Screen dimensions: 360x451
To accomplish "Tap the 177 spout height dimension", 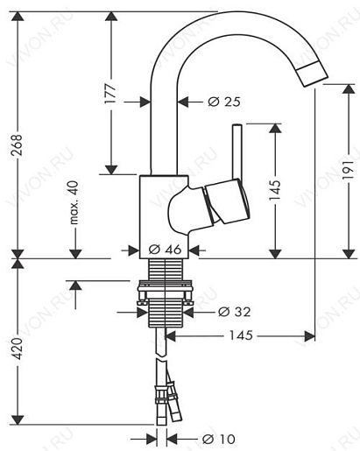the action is pyautogui.click(x=110, y=94).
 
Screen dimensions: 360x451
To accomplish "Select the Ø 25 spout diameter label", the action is pyautogui.click(x=224, y=102).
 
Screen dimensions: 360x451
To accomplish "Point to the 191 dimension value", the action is pyautogui.click(x=349, y=169).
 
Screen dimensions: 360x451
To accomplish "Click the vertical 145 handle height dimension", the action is pyautogui.click(x=275, y=190).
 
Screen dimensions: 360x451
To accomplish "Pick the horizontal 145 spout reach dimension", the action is pyautogui.click(x=241, y=335).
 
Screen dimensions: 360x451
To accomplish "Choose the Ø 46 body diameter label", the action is pyautogui.click(x=165, y=250).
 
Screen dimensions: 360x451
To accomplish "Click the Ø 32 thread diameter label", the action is pyautogui.click(x=235, y=312).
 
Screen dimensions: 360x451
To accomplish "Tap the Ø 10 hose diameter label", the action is pyautogui.click(x=218, y=439).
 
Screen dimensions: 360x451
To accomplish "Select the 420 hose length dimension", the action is pyautogui.click(x=18, y=349).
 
